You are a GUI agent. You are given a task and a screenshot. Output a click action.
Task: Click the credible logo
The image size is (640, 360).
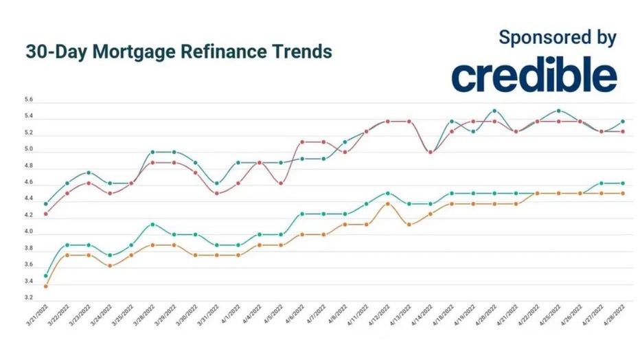click(x=534, y=76)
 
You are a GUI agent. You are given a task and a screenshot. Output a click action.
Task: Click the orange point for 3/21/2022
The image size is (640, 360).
click(x=46, y=286)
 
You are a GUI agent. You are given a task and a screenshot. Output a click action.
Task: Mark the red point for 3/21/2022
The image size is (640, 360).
click(x=46, y=214)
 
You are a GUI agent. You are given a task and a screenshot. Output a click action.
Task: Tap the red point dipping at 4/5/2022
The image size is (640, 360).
click(x=281, y=183)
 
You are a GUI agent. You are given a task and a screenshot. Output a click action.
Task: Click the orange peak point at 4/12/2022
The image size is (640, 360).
click(x=388, y=203)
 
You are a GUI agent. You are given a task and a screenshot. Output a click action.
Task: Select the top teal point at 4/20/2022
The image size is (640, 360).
click(x=494, y=111)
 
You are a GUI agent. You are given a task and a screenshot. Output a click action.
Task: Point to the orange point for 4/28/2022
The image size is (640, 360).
click(x=623, y=194)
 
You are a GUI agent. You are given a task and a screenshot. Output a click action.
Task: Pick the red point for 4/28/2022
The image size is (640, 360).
click(x=623, y=131)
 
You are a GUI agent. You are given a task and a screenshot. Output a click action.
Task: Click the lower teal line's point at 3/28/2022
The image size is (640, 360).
click(x=152, y=224)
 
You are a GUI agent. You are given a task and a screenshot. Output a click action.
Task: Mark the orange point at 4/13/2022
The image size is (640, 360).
click(x=409, y=224)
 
